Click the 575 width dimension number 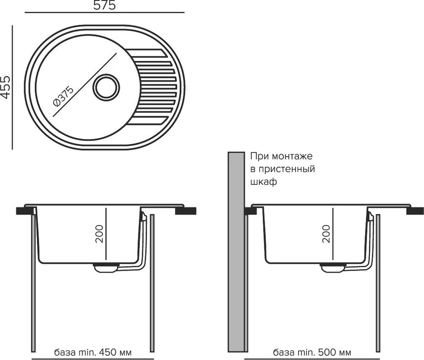104,6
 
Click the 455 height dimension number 6,87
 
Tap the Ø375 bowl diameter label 63,97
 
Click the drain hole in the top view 106,87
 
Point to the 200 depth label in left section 100,234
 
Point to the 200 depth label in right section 326,234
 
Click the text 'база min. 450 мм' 93,352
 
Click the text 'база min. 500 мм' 312,352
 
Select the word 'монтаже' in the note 292,156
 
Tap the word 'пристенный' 287,169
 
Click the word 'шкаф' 264,181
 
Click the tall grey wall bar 236,252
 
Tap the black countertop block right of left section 186,210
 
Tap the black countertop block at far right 415,210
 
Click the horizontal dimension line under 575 104,12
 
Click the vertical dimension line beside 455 12,87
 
